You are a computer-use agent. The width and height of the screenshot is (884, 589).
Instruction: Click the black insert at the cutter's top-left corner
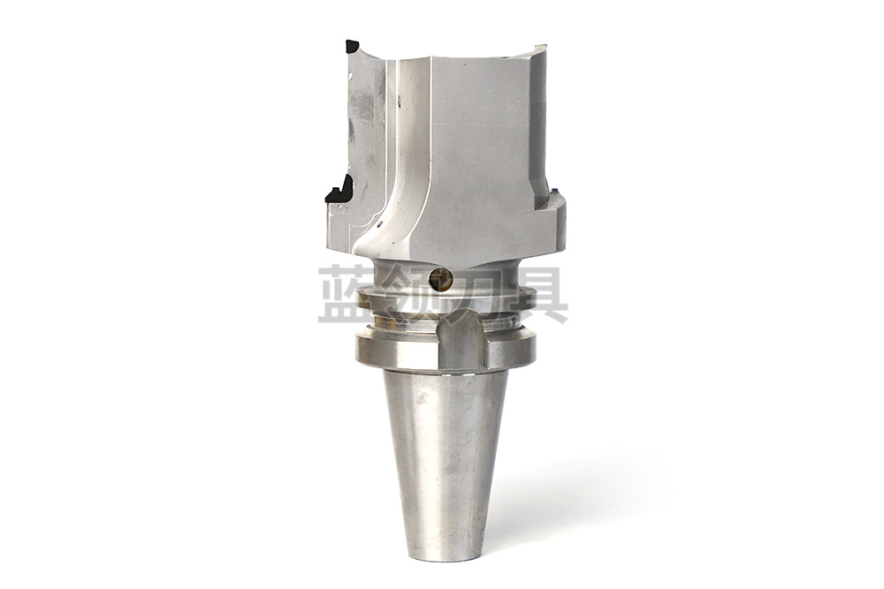[x=351, y=46]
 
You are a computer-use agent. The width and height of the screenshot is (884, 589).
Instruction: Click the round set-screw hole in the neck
[x=440, y=278]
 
